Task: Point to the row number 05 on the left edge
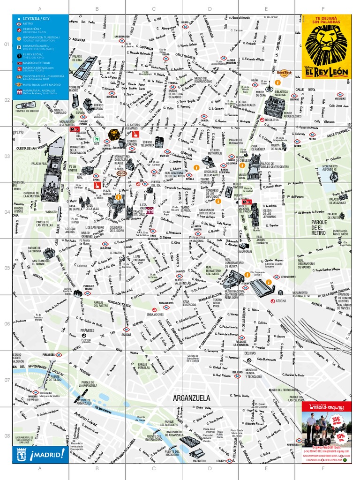(7, 268)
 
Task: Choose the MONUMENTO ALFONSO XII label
(329, 168)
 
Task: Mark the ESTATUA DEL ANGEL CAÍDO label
(340, 232)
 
